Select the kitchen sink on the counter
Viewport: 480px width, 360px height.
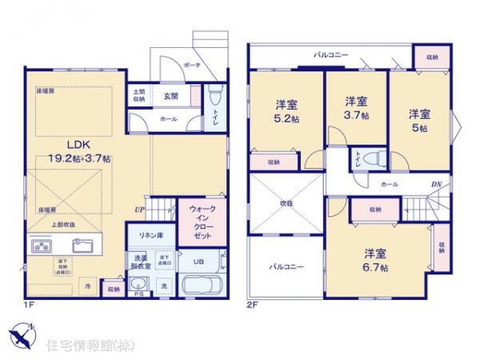[83, 246]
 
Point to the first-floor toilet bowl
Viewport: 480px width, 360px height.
[213, 99]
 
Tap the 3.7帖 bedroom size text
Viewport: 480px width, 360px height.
[357, 114]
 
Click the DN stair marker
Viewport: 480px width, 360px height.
[436, 185]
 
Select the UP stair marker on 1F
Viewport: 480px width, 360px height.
[141, 210]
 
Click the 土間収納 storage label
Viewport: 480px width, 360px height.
[140, 95]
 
